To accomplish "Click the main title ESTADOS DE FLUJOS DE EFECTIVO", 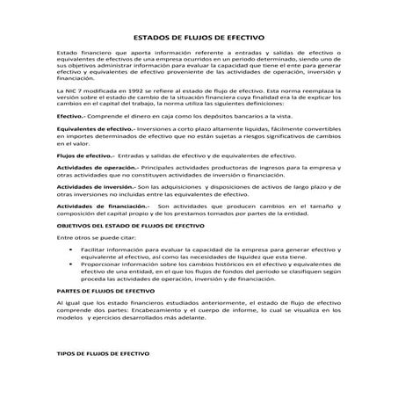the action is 198,38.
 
